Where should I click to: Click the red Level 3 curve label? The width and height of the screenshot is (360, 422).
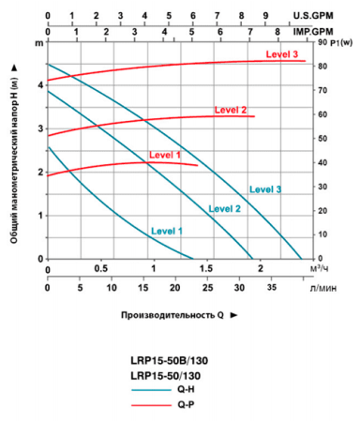pyautogui.click(x=282, y=55)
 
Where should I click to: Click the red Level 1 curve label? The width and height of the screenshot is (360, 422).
pyautogui.click(x=165, y=154)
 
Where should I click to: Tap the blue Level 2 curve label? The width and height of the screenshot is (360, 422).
pyautogui.click(x=225, y=208)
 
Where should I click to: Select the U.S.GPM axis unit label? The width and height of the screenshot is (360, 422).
pyautogui.click(x=329, y=16)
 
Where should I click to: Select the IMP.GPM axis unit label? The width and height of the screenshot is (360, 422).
pyautogui.click(x=329, y=31)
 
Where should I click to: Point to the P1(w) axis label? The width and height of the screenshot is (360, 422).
pyautogui.click(x=334, y=43)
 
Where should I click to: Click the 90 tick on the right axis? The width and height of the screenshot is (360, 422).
pyautogui.click(x=321, y=43)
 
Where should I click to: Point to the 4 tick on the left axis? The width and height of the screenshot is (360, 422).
pyautogui.click(x=39, y=84)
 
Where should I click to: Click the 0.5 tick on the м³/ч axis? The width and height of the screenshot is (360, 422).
pyautogui.click(x=100, y=269)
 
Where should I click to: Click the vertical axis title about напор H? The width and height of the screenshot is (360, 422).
pyautogui.click(x=16, y=150)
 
